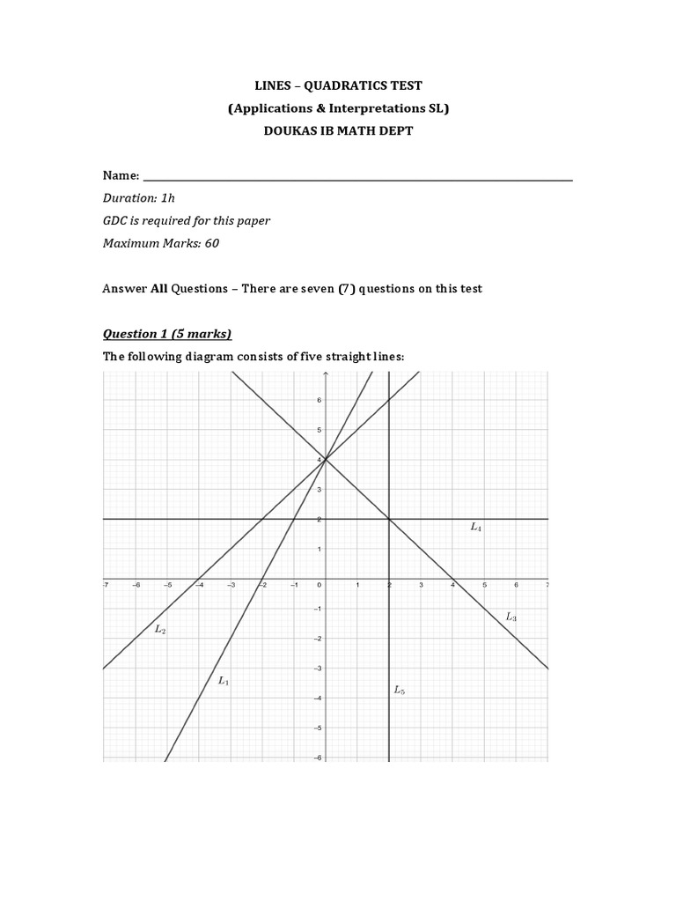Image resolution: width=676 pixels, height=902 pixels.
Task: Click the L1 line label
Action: (x=224, y=680)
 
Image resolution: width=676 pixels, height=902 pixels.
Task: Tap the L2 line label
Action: (x=160, y=629)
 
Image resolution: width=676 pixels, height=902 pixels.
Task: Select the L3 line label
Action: (x=511, y=617)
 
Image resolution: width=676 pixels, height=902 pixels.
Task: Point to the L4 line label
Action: (x=476, y=527)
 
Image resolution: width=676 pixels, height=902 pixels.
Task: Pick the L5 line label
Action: (x=400, y=691)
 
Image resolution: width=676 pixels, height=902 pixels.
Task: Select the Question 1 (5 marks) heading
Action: (x=167, y=333)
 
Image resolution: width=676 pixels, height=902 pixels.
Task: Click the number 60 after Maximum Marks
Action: (x=212, y=243)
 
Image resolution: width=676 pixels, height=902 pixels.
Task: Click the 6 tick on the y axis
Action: (x=320, y=400)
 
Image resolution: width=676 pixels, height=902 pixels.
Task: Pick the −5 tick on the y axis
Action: (x=318, y=728)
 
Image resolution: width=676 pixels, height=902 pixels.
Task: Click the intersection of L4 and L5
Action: (x=389, y=519)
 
